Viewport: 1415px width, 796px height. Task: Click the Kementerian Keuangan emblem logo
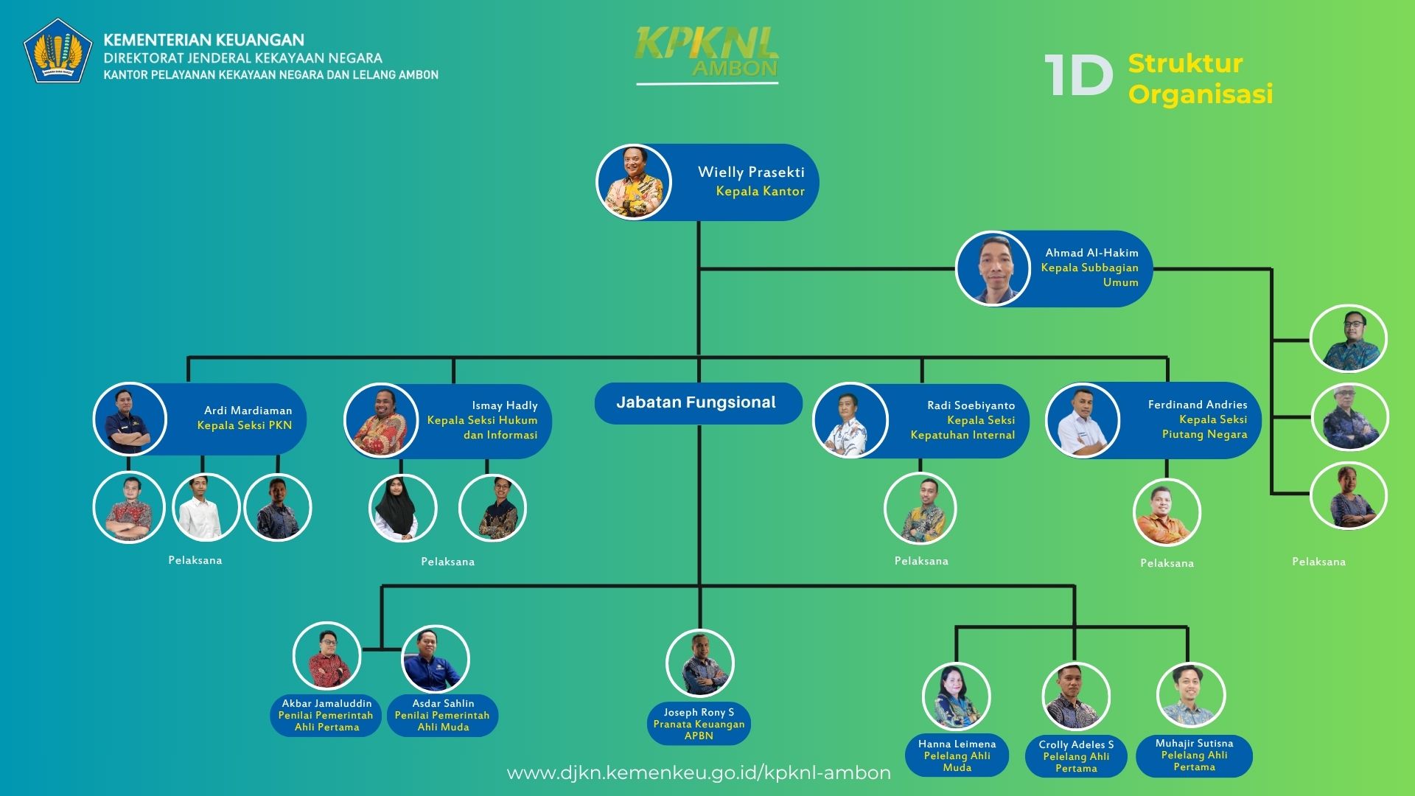point(57,50)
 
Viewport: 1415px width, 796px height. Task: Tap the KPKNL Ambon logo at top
point(707,53)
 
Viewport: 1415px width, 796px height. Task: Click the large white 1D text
point(1078,76)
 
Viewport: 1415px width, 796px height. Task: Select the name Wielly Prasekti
point(751,172)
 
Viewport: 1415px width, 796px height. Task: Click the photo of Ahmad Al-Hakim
point(993,268)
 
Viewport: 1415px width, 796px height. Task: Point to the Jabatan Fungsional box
point(697,402)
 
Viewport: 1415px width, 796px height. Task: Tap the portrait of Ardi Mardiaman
point(130,419)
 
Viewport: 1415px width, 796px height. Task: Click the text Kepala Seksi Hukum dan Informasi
point(482,427)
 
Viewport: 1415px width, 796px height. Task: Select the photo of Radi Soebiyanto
point(850,420)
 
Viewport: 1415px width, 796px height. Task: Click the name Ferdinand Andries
point(1197,405)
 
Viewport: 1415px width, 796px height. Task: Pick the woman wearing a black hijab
point(402,509)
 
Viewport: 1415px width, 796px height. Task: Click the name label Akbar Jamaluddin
point(326,703)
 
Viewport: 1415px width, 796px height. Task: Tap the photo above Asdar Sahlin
point(435,659)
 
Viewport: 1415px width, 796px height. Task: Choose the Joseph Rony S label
point(699,712)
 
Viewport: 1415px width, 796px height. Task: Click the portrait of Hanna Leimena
point(956,696)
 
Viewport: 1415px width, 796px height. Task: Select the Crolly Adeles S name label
point(1076,744)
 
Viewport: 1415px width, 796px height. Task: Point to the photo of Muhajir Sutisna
point(1190,695)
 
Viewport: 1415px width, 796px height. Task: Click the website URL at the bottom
point(699,772)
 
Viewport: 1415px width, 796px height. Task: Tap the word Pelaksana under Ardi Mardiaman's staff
point(195,560)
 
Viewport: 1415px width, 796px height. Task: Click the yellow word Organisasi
point(1200,94)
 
